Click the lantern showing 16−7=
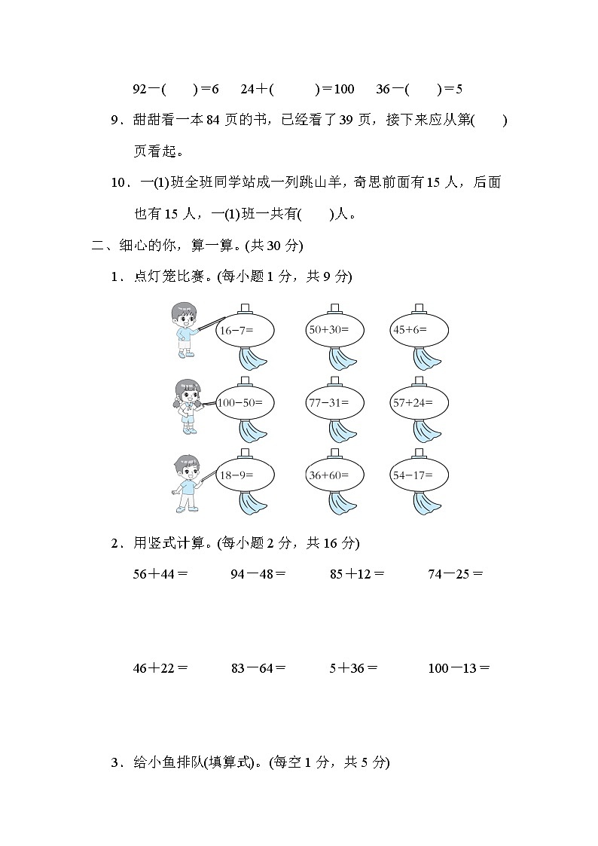point(246,330)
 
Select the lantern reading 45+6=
point(419,330)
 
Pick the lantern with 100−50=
point(246,402)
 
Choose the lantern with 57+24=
point(419,402)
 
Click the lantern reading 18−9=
point(246,475)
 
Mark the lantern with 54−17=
point(419,475)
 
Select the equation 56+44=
point(160,574)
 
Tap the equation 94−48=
point(258,574)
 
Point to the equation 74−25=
point(455,574)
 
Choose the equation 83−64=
point(258,667)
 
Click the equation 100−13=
point(458,667)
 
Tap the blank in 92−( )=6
point(180,89)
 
